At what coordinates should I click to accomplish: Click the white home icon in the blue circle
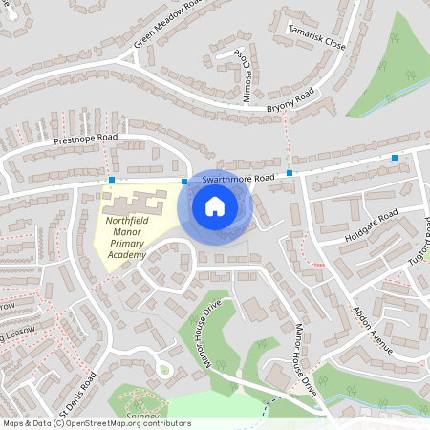tap(215, 205)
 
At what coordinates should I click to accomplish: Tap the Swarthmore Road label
tap(238, 178)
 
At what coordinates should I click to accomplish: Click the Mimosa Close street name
tap(246, 75)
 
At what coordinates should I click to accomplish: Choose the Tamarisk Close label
tap(317, 37)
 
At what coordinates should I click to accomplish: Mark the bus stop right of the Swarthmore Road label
tap(289, 173)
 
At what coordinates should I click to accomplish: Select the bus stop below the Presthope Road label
tap(112, 179)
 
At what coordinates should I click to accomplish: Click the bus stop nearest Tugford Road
tap(394, 157)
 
